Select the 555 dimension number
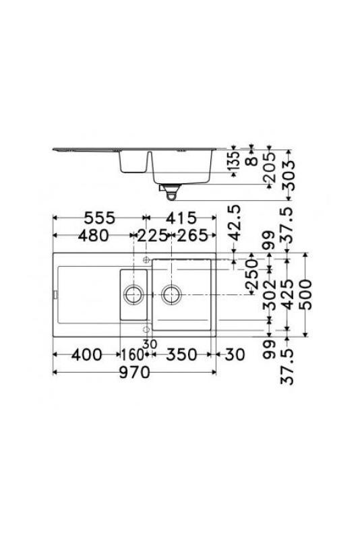[x=98, y=218]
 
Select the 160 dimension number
[x=133, y=354]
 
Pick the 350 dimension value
[x=181, y=354]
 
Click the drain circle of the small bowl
[x=133, y=294]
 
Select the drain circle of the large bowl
[x=172, y=294]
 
